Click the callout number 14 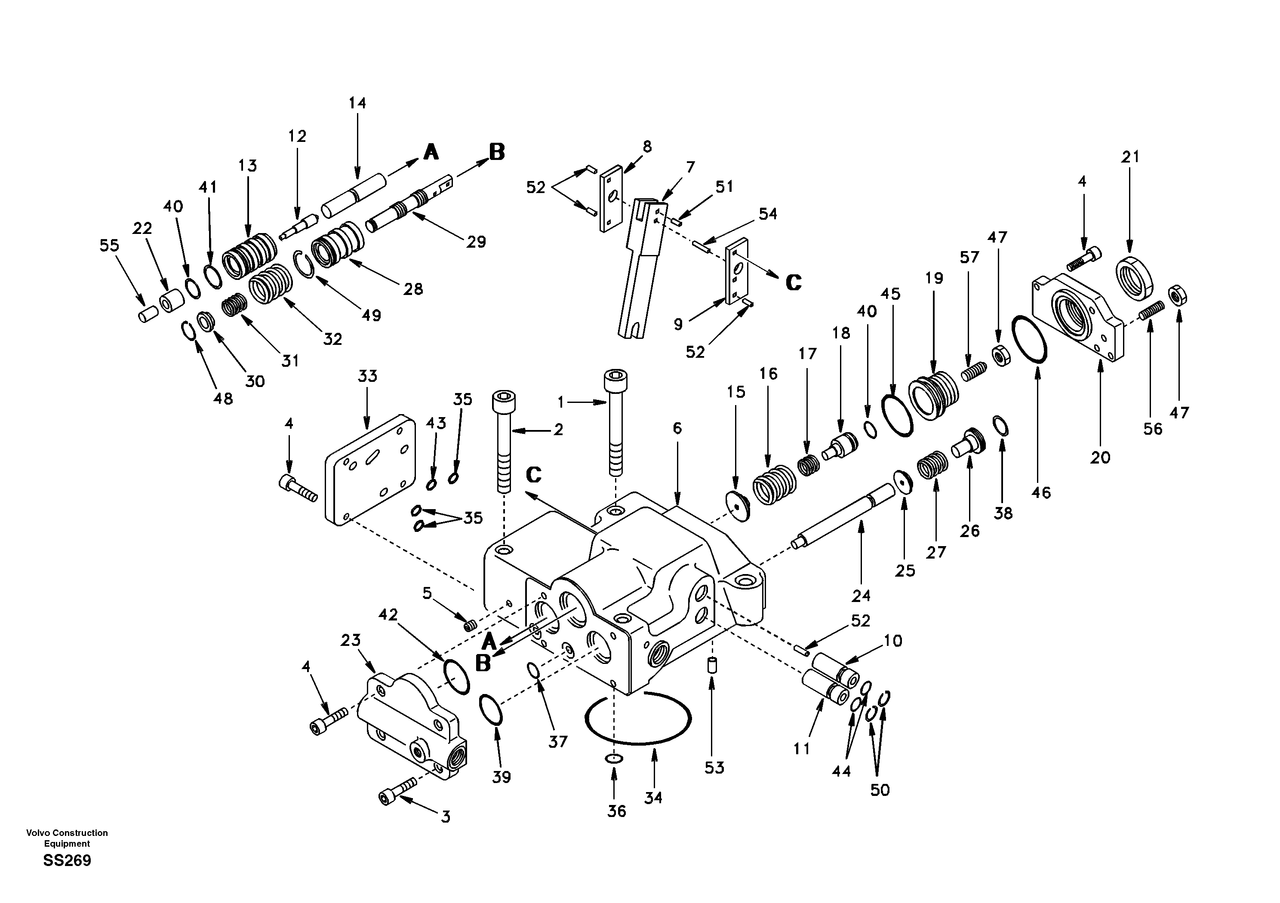357,103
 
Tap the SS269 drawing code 67,860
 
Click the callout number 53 714,768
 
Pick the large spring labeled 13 250,257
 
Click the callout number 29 476,242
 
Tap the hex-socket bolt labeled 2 503,440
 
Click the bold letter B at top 497,152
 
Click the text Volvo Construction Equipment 67,837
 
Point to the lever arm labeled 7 641,267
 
